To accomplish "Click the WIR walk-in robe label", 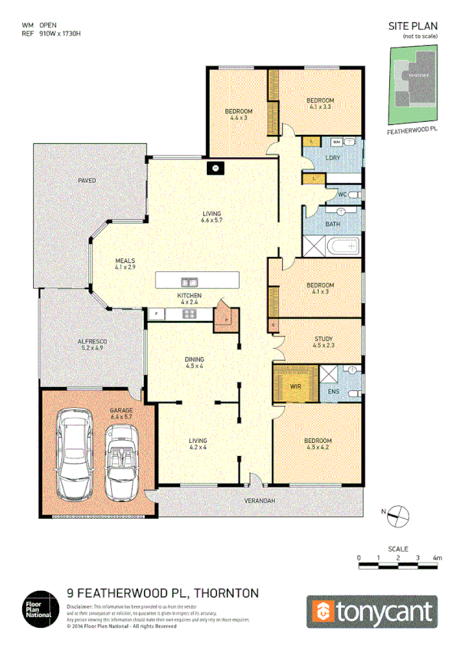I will pyautogui.click(x=295, y=387).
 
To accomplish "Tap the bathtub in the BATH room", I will pyautogui.click(x=341, y=247).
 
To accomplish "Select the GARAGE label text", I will pyautogui.click(x=122, y=411).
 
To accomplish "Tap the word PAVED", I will pyautogui.click(x=87, y=181).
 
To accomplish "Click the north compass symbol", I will pyautogui.click(x=396, y=514).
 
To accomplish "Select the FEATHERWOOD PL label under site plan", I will pyautogui.click(x=412, y=130).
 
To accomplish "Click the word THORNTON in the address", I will pyautogui.click(x=228, y=593).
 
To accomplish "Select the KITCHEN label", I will pyautogui.click(x=189, y=296).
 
